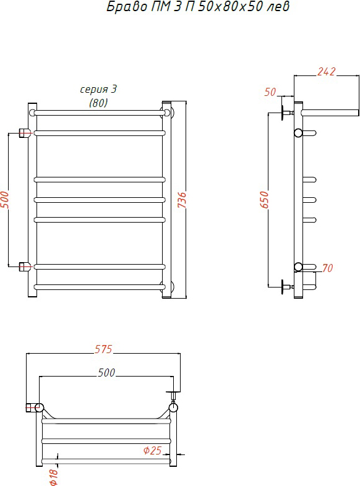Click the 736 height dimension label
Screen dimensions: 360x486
pyautogui.click(x=182, y=199)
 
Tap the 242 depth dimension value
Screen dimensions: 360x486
pyautogui.click(x=326, y=72)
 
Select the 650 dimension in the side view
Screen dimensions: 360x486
pyautogui.click(x=265, y=199)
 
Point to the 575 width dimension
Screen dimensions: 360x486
pyautogui.click(x=103, y=349)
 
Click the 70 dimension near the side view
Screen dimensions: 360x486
pyautogui.click(x=327, y=268)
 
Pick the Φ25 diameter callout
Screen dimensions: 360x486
pyautogui.click(x=153, y=450)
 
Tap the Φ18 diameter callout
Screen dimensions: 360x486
pyautogui.click(x=53, y=477)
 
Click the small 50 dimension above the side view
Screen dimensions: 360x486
pyautogui.click(x=270, y=92)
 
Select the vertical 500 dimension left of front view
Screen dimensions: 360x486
pyautogui.click(x=5, y=199)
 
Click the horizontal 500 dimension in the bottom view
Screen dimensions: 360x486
pyautogui.click(x=106, y=373)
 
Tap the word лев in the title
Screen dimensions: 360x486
pyautogui.click(x=278, y=7)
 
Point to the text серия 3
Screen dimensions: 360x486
pyautogui.click(x=98, y=89)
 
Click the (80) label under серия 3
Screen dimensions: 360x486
pyautogui.click(x=98, y=103)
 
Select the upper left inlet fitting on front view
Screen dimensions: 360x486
pyautogui.click(x=24, y=134)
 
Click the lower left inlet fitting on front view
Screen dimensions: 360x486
pyautogui.click(x=24, y=266)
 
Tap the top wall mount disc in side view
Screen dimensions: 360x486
pyautogui.click(x=283, y=113)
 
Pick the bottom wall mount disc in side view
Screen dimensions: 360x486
pyautogui.click(x=283, y=287)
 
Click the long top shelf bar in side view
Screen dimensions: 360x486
pyautogui.click(x=330, y=113)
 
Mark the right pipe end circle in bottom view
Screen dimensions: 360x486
pyautogui.click(x=173, y=407)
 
